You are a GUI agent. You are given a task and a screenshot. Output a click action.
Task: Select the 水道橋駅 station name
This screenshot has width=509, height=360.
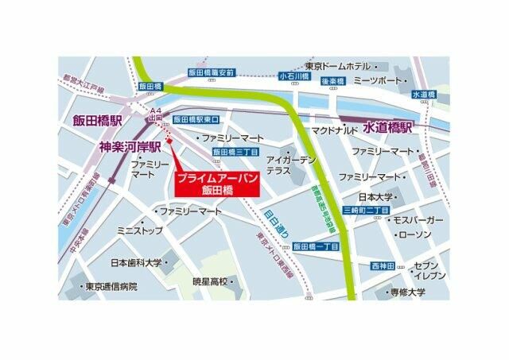tap(389, 127)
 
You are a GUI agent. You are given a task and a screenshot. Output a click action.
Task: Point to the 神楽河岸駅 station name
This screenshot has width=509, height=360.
tap(130, 146)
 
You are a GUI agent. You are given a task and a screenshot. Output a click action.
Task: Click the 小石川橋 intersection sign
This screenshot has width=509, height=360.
tap(293, 77)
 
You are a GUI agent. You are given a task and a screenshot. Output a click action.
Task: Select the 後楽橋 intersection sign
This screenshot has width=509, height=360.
tap(332, 82)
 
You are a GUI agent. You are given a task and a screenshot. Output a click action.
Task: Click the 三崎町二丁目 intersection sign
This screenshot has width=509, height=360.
tap(365, 210)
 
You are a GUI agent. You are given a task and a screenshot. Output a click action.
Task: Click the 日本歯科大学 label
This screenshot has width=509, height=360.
tap(136, 262)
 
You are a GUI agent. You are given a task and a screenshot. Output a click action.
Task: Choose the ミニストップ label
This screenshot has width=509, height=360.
tap(140, 230)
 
